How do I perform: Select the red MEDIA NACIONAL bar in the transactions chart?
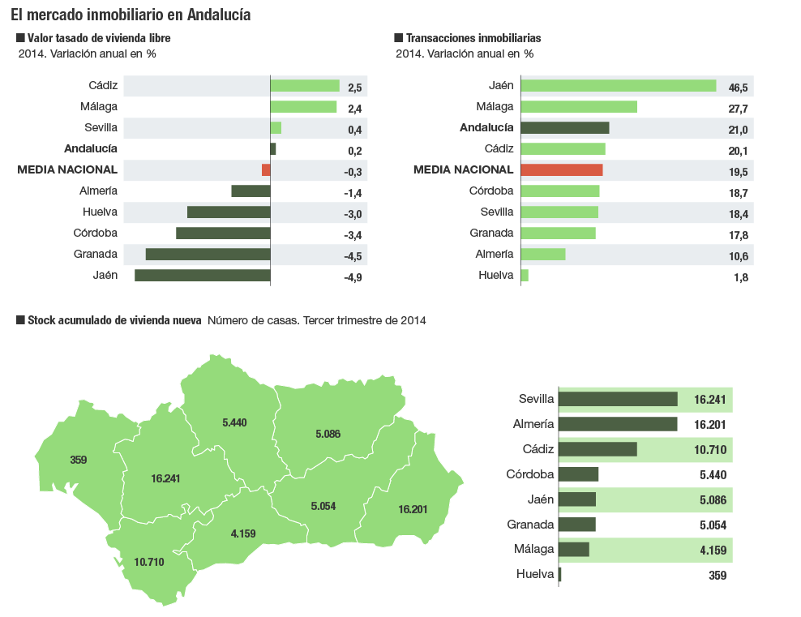point(561,170)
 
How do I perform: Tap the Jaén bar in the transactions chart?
point(618,86)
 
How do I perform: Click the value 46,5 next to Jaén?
point(738,88)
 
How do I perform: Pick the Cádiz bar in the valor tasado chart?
point(304,86)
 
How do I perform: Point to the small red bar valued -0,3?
point(266,170)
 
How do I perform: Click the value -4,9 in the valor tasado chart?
point(352,277)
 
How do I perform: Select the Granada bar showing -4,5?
point(208,255)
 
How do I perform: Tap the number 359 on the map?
point(78,460)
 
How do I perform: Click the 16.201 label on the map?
point(413,509)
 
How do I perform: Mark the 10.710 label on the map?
point(149,562)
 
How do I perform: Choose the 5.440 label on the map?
point(234,422)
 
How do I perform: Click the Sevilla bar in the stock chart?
point(618,399)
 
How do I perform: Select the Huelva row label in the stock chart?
point(534,575)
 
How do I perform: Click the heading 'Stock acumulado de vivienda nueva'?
point(114,320)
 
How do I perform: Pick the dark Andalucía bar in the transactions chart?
point(564,128)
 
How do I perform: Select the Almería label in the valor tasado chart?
point(98,191)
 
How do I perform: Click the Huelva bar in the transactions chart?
point(525,276)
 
